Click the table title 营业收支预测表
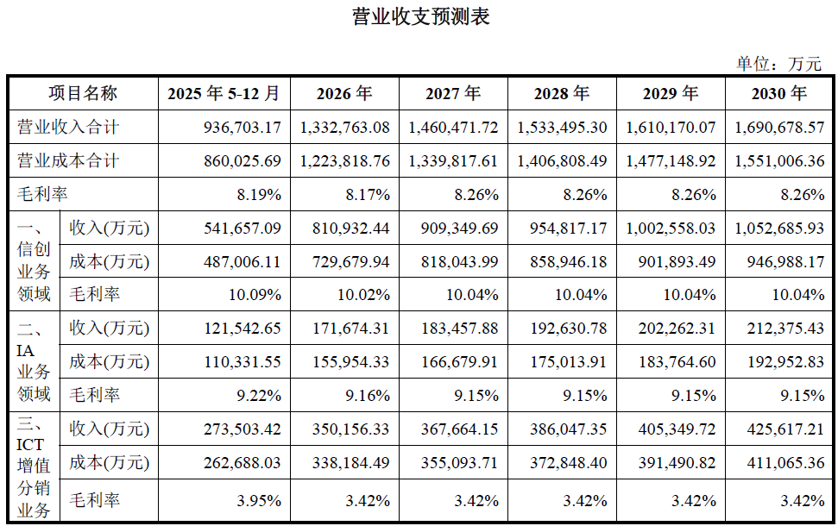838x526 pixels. click(x=420, y=16)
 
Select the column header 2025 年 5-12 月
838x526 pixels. click(x=224, y=93)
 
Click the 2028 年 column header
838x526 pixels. click(x=562, y=93)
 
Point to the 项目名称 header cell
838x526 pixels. click(x=83, y=93)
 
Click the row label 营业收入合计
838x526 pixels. click(x=68, y=128)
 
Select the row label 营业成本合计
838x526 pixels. click(x=68, y=161)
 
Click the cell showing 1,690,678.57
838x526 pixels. click(x=779, y=128)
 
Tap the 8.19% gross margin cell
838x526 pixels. click(x=259, y=195)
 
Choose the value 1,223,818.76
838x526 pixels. click(x=345, y=161)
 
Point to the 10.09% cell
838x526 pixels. click(x=255, y=295)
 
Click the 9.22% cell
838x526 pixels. click(x=259, y=396)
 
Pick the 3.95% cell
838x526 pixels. click(x=259, y=501)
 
